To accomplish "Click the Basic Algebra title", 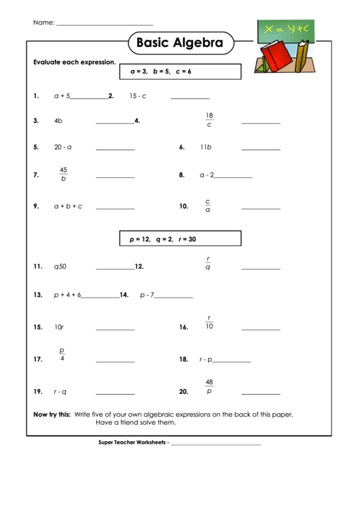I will click(180, 43).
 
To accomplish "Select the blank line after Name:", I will click(105, 24).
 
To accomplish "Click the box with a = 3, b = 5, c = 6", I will click(181, 71).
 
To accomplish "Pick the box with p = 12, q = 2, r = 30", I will click(181, 239).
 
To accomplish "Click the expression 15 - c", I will click(138, 96).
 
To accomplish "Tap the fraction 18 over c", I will click(209, 120).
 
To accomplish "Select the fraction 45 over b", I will click(63, 175).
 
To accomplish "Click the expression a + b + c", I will click(68, 206).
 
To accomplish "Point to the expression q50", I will click(60, 267).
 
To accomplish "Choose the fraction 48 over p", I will click(209, 387).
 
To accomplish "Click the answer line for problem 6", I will click(261, 149).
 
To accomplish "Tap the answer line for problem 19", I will click(115, 394).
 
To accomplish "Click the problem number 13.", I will click(38, 296).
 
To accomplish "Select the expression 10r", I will click(59, 328).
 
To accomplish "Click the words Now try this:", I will click(52, 414).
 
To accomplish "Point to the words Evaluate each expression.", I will click(75, 62).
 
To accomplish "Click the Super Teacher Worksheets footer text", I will click(133, 443).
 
